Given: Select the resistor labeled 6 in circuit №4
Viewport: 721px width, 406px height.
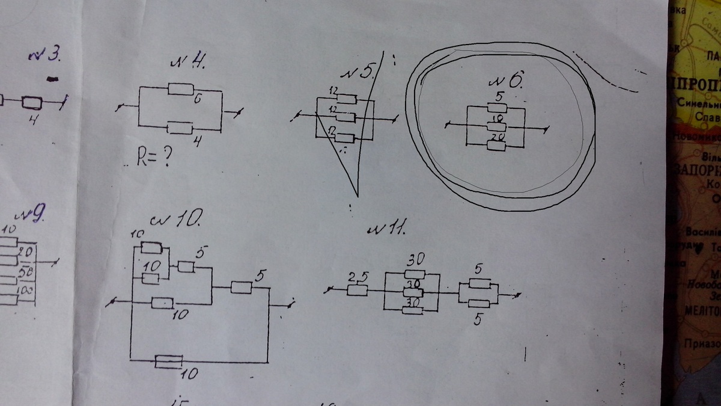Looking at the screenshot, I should click(180, 89).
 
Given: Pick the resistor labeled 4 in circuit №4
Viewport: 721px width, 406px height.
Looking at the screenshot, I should click(180, 128).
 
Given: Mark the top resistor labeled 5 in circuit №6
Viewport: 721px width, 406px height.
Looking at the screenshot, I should click(496, 107).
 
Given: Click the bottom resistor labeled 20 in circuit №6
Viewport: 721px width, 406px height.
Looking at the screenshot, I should click(496, 146).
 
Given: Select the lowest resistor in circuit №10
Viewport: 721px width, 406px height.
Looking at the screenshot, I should click(168, 361).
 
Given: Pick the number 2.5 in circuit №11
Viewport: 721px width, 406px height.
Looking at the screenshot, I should click(357, 277).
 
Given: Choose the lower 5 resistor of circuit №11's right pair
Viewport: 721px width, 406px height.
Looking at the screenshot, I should click(479, 304).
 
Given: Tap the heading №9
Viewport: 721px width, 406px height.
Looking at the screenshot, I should click(30, 216).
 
